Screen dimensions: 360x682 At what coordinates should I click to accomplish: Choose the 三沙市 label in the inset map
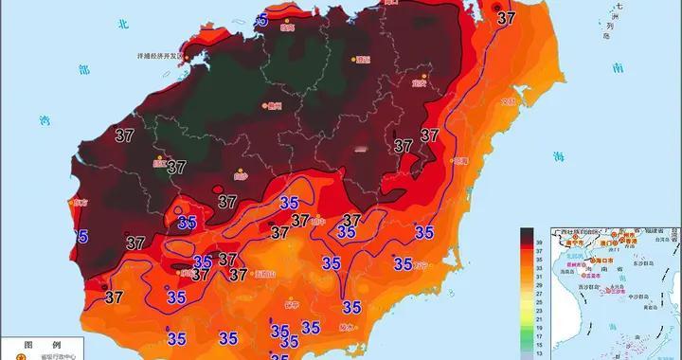click(x=619, y=290)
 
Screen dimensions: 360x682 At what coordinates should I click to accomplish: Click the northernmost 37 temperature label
click(x=508, y=16)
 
